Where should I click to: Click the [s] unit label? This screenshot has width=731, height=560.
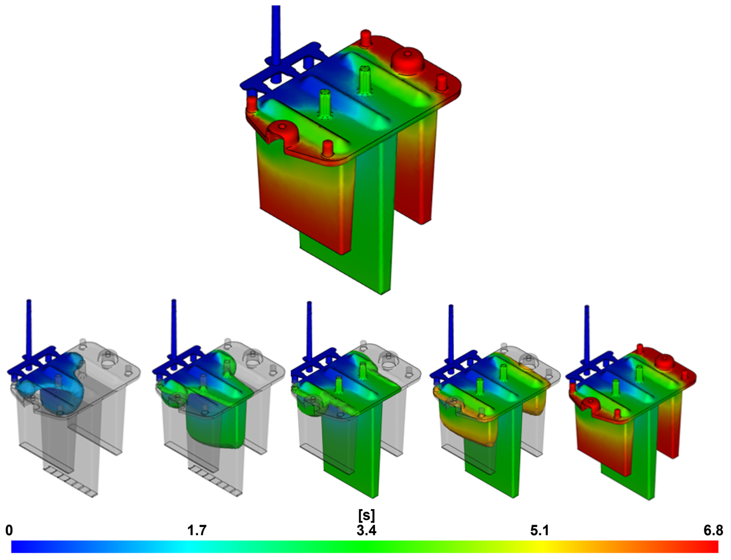(x=366, y=515)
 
